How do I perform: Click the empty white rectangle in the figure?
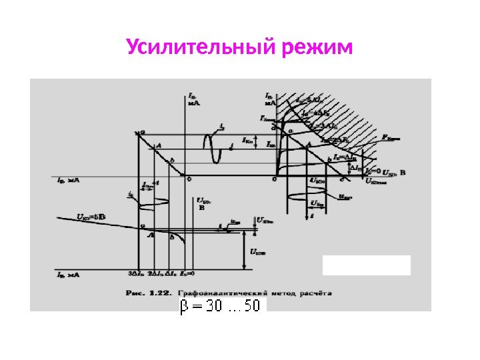tap(366, 265)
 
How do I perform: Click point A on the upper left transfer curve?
tap(158, 145)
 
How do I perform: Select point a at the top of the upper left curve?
tap(142, 134)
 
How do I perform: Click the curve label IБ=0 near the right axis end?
tap(375, 171)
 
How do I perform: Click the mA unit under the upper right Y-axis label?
tap(270, 103)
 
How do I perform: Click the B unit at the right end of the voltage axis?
tap(403, 173)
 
